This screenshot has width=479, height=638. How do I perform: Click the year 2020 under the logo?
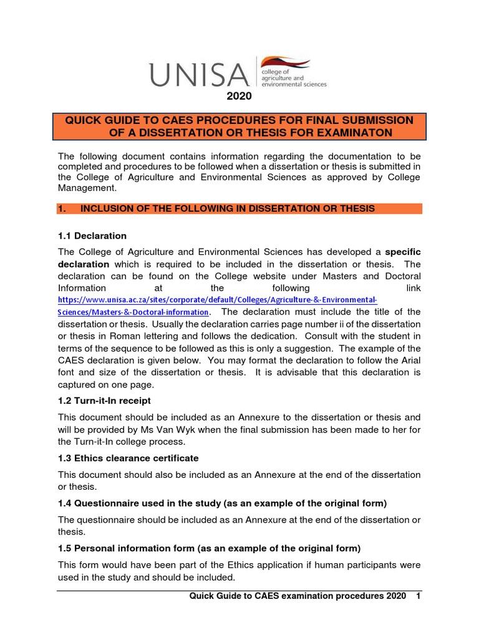(239, 96)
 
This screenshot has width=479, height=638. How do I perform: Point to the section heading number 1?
(61, 209)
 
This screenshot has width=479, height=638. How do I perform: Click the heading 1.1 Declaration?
(92, 236)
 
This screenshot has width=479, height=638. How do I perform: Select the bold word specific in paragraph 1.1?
(403, 252)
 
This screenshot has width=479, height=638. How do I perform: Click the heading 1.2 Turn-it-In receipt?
(104, 401)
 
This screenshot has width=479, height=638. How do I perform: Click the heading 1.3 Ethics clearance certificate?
(128, 458)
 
